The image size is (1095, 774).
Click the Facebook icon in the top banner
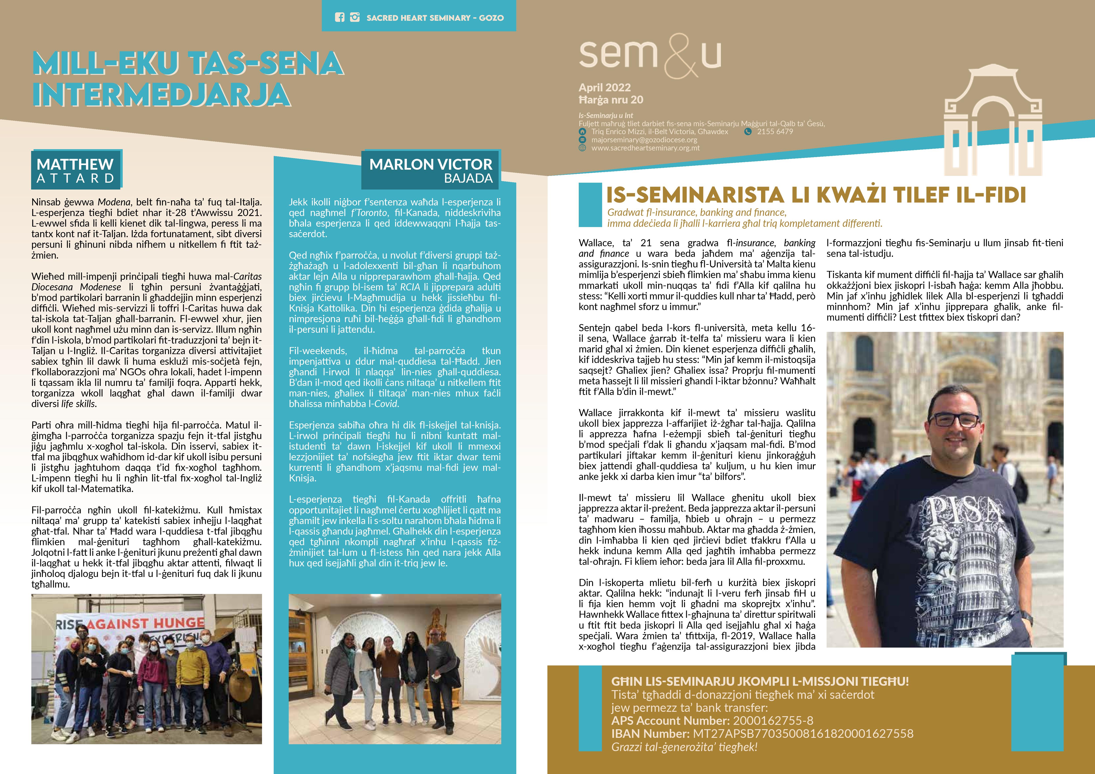pyautogui.click(x=339, y=18)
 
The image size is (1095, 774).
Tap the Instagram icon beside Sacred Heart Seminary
pyautogui.click(x=354, y=18)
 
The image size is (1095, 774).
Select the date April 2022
pyautogui.click(x=604, y=88)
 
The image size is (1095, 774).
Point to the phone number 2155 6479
pyautogui.click(x=775, y=132)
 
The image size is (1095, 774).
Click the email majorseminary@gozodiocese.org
pyautogui.click(x=644, y=140)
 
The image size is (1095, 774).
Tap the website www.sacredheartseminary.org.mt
pyautogui.click(x=645, y=148)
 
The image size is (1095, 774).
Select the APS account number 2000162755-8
pyautogui.click(x=773, y=721)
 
